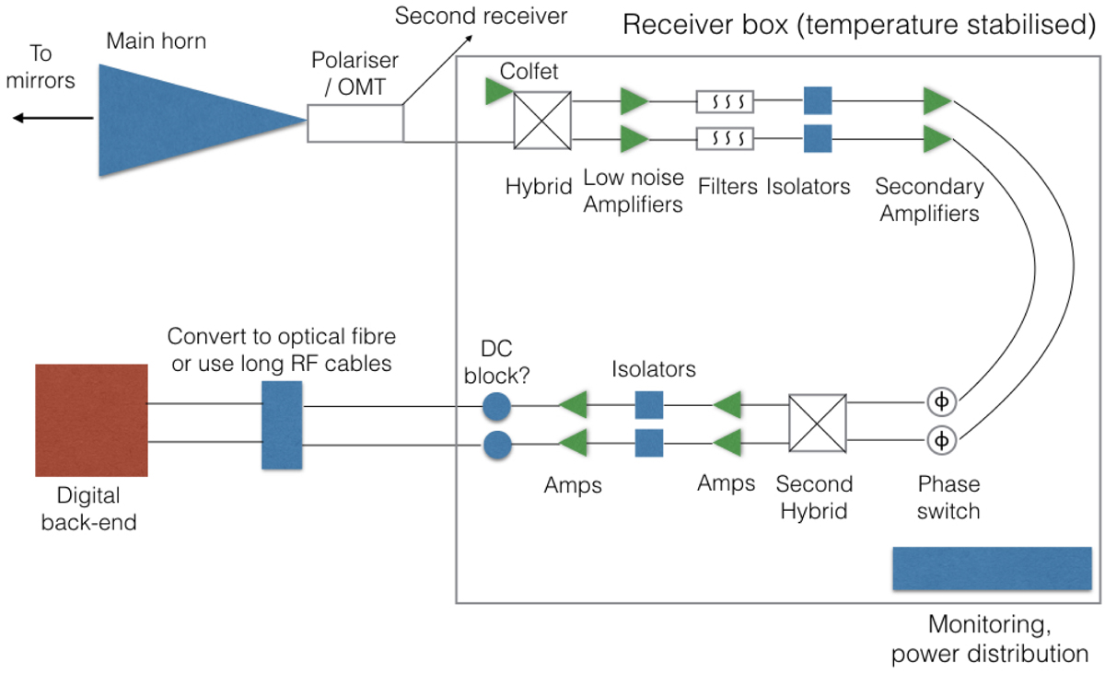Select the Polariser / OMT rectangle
pyautogui.click(x=355, y=122)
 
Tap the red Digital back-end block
pyautogui.click(x=91, y=420)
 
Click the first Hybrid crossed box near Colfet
pyautogui.click(x=542, y=120)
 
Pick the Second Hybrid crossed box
pyautogui.click(x=818, y=423)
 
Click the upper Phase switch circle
pyautogui.click(x=941, y=402)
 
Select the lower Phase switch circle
pyautogui.click(x=941, y=440)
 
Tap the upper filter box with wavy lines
pyautogui.click(x=726, y=100)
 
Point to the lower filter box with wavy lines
pyautogui.click(x=726, y=139)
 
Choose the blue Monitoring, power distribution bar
pyautogui.click(x=992, y=568)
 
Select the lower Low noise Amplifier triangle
pyautogui.click(x=634, y=140)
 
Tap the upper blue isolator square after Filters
pyautogui.click(x=818, y=100)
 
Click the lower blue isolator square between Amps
pyautogui.click(x=649, y=443)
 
